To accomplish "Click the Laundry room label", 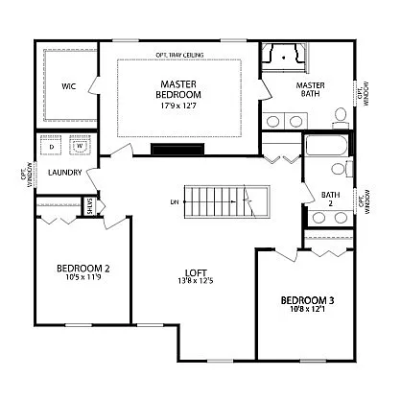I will point(53,173).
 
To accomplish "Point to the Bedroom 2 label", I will point(83,268).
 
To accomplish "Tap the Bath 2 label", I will point(331,199).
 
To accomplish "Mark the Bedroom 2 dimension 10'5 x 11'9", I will point(83,278).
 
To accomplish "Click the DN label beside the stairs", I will point(175,202).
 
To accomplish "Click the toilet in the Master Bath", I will point(341,116).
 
